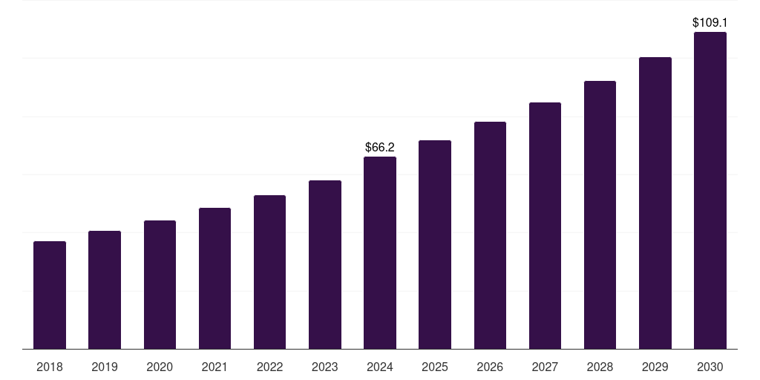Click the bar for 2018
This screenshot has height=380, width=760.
coord(50,295)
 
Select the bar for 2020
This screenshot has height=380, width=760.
coord(160,285)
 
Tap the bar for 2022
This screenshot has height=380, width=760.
coord(269,272)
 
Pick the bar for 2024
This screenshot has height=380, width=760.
coord(380,253)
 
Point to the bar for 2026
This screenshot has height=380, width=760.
coord(490,235)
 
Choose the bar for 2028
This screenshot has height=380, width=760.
coord(600,215)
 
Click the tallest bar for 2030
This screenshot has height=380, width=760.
coord(710,191)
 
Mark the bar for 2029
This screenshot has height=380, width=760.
coord(655,203)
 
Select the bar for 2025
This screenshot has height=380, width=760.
coord(435,245)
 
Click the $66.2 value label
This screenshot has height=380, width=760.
coord(380,148)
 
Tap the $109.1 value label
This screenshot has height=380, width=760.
coord(710,23)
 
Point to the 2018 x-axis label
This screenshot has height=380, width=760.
coord(50,367)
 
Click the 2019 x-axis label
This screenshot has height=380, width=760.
coord(105,367)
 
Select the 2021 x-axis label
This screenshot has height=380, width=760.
coord(214,367)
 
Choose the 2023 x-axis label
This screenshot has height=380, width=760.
coord(324,367)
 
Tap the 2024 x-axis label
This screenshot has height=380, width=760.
coord(380,367)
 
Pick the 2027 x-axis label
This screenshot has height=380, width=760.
coord(545,367)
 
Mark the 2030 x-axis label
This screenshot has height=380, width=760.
coord(710,367)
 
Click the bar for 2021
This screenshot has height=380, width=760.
coord(214,278)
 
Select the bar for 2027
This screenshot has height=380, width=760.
coord(545,226)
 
